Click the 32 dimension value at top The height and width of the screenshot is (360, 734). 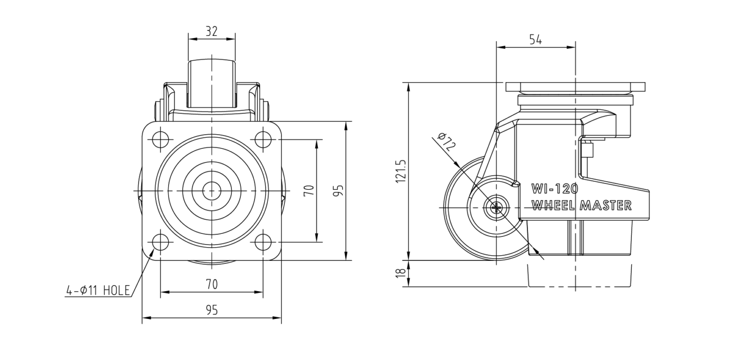tap(212, 31)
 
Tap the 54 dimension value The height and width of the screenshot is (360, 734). tap(536, 39)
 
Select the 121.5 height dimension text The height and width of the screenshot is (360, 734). tap(401, 171)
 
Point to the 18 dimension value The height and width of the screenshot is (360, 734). tap(401, 273)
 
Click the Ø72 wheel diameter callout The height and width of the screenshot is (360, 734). tap(446, 141)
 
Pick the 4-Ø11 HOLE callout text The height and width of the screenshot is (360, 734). tap(98, 291)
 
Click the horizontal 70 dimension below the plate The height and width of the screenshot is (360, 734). tap(212, 284)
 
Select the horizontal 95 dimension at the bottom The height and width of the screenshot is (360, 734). tap(212, 310)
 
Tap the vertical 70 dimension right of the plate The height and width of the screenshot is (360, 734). tap(309, 190)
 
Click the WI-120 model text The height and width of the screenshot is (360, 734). tap(554, 188)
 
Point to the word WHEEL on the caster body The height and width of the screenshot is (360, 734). tap(553, 206)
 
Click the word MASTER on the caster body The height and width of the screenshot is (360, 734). tap(605, 206)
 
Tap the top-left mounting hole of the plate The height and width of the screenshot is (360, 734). tap(160, 139)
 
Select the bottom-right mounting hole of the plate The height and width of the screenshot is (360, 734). tap(263, 243)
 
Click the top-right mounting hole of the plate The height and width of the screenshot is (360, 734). tap(263, 139)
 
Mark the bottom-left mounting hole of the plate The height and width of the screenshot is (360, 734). tap(160, 243)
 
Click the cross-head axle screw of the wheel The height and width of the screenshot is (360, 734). tap(497, 207)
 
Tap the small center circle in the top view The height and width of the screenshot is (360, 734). tap(212, 191)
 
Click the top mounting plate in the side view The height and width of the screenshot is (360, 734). tap(576, 87)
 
